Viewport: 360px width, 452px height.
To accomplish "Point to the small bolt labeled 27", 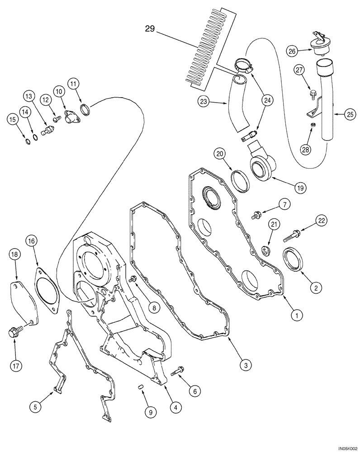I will [313, 94].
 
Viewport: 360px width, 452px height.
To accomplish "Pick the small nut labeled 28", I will [312, 125].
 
